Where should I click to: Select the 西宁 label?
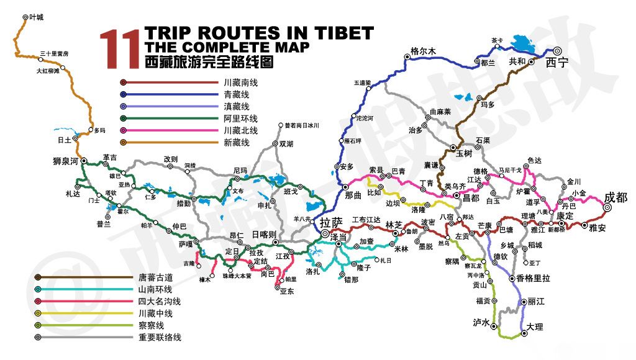(557, 63)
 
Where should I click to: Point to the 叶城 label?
(37, 17)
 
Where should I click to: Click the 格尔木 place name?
(424, 51)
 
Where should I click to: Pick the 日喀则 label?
(264, 234)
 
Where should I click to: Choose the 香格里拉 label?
(533, 279)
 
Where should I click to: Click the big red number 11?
(119, 48)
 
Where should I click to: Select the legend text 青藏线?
(236, 94)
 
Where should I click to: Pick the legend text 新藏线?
(236, 143)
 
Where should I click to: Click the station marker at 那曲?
(345, 186)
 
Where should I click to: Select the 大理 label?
(534, 326)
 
